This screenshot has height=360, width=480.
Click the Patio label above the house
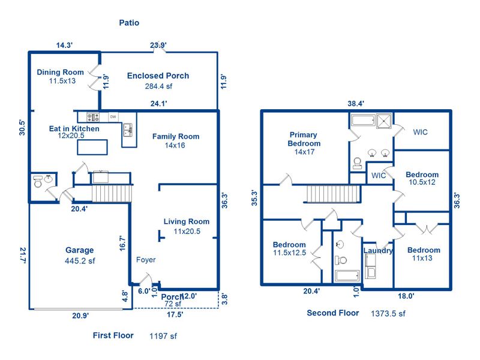pyautogui.click(x=129, y=23)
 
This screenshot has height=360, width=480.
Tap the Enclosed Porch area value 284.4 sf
pyautogui.click(x=158, y=86)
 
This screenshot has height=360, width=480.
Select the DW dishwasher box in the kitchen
pyautogui.click(x=113, y=116)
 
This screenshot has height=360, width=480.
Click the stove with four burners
pyautogui.click(x=93, y=117)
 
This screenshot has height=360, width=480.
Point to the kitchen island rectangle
pyautogui.click(x=92, y=147)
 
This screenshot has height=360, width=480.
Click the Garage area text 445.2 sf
pyautogui.click(x=80, y=261)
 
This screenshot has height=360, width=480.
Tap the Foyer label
pyautogui.click(x=146, y=260)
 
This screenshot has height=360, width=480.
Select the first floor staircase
pyautogui.click(x=112, y=193)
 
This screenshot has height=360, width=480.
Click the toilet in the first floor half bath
pyautogui.click(x=38, y=181)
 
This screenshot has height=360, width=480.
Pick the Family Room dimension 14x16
pyautogui.click(x=175, y=145)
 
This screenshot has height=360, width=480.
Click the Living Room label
pyautogui.click(x=187, y=221)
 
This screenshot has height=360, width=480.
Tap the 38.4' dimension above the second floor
pyautogui.click(x=356, y=103)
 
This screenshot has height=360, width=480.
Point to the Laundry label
pyautogui.click(x=378, y=250)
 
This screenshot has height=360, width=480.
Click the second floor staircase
pyautogui.click(x=333, y=193)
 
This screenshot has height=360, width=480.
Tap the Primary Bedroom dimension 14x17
pyautogui.click(x=304, y=152)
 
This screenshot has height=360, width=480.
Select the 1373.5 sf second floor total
pyautogui.click(x=388, y=313)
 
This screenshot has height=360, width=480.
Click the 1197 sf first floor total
pyautogui.click(x=163, y=336)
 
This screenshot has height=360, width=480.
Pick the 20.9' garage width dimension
pyautogui.click(x=80, y=316)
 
